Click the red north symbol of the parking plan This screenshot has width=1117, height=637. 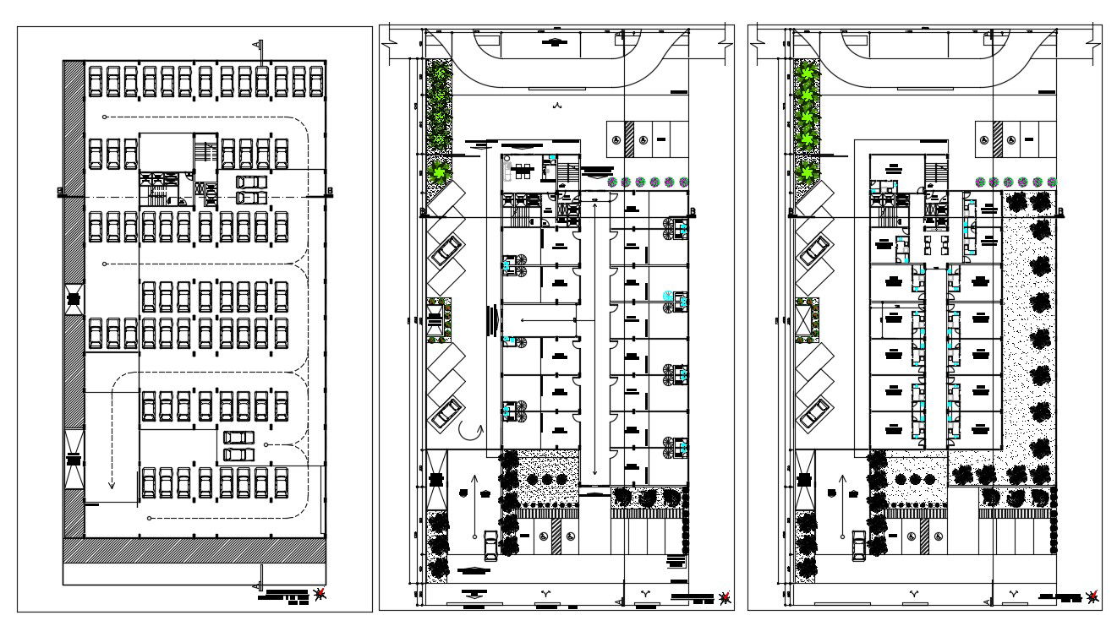[319, 596]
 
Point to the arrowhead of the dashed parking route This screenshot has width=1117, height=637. [111, 486]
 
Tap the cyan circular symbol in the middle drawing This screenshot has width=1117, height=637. [667, 295]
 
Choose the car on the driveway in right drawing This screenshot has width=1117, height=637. [858, 546]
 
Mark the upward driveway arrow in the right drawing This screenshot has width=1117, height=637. [842, 486]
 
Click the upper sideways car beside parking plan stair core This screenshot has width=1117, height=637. [249, 182]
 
